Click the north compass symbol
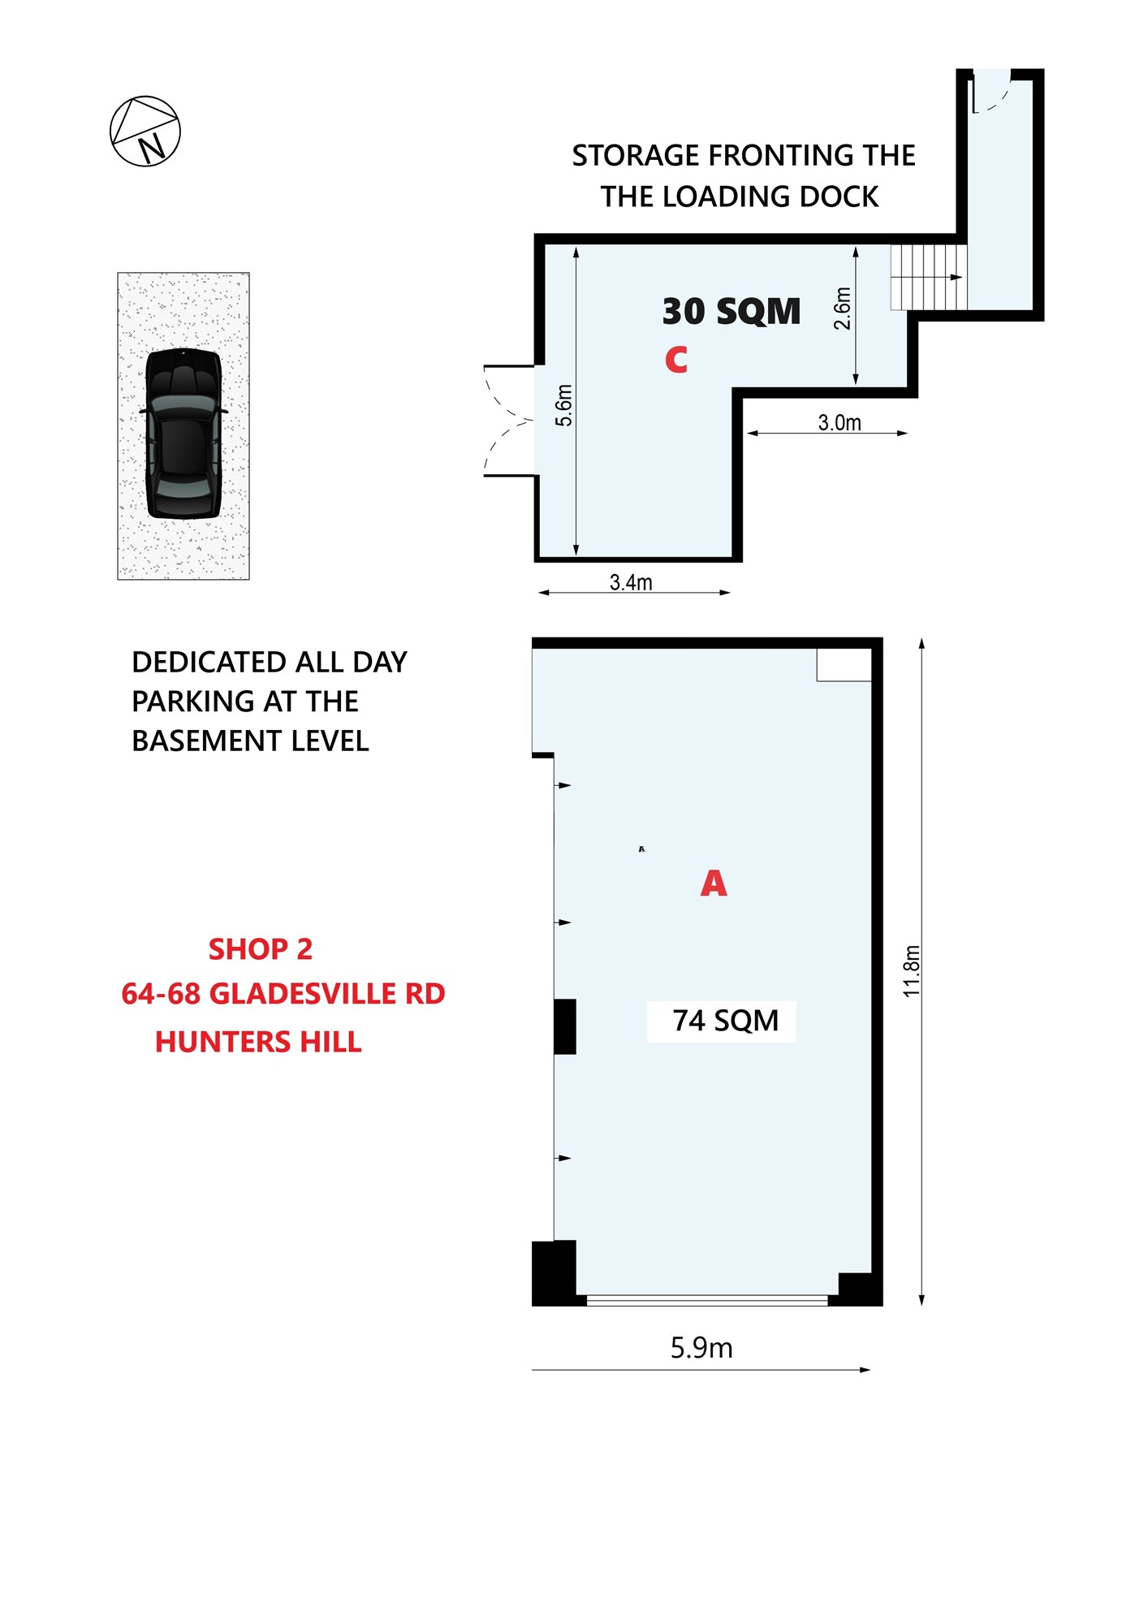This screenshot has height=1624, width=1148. pyautogui.click(x=145, y=132)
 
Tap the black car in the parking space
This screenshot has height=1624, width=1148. pyautogui.click(x=183, y=434)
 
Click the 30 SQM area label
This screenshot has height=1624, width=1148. pyautogui.click(x=732, y=311)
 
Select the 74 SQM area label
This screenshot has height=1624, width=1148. pyautogui.click(x=725, y=1021)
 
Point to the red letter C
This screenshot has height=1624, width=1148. pyautogui.click(x=675, y=360)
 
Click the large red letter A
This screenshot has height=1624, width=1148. pyautogui.click(x=714, y=883)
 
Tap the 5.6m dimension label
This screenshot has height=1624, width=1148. pyautogui.click(x=563, y=405)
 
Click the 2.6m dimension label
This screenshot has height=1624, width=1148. pyautogui.click(x=843, y=309)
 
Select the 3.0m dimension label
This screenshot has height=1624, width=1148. pyautogui.click(x=839, y=422)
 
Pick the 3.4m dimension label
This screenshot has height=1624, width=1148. pyautogui.click(x=631, y=582)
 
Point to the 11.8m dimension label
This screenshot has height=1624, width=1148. pyautogui.click(x=912, y=971)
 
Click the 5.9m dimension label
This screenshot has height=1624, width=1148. pyautogui.click(x=701, y=1348)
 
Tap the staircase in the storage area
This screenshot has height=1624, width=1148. pyautogui.click(x=929, y=277)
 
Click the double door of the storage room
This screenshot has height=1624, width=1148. pyautogui.click(x=509, y=421)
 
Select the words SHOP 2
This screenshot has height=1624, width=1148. pyautogui.click(x=261, y=949)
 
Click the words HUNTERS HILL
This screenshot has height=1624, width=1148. pyautogui.click(x=258, y=1042)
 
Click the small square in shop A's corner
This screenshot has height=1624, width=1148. pyautogui.click(x=844, y=664)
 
